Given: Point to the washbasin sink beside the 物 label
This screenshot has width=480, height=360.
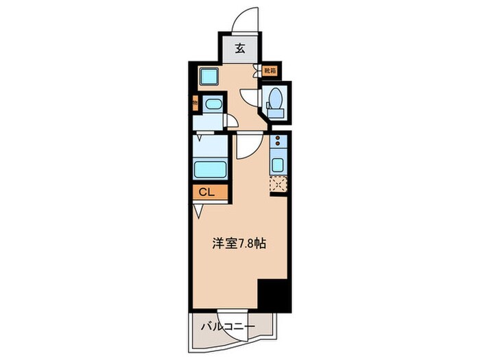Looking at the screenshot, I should click(213, 104).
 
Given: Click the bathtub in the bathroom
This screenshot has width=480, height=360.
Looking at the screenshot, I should click(211, 169).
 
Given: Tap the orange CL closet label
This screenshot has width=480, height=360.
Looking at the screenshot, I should click(208, 193).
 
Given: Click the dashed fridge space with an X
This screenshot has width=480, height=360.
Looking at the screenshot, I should click(278, 184).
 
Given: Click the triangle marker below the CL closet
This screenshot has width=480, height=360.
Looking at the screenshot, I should click(198, 211).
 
